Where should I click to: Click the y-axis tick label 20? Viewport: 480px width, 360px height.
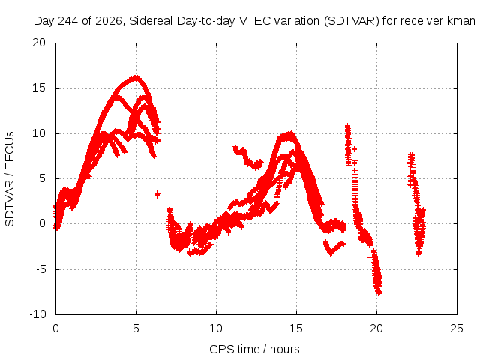tap(39, 43)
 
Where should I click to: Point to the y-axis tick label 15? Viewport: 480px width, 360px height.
tap(39, 88)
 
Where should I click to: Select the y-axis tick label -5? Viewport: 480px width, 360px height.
tap(40, 269)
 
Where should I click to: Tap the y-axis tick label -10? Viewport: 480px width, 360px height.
tap(37, 314)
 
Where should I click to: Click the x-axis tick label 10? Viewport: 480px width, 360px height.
tap(216, 328)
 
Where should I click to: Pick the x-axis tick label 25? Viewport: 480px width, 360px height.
tap(457, 328)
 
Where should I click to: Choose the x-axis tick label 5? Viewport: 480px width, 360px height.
tap(136, 328)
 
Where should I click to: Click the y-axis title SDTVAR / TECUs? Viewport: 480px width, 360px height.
tap(10, 179)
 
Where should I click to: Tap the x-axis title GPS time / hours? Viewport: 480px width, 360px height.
tap(254, 349)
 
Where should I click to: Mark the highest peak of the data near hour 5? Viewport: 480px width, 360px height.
tap(136, 76)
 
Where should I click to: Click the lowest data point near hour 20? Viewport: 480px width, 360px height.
tap(379, 293)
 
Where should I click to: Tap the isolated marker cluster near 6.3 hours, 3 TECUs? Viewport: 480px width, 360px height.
tap(157, 194)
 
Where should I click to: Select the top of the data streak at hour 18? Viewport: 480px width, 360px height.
tap(347, 125)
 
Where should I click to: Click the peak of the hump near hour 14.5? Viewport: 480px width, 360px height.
tap(290, 133)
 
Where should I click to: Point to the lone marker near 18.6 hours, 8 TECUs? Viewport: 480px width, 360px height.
tap(354, 149)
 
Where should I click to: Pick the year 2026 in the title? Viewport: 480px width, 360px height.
tap(108, 21)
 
